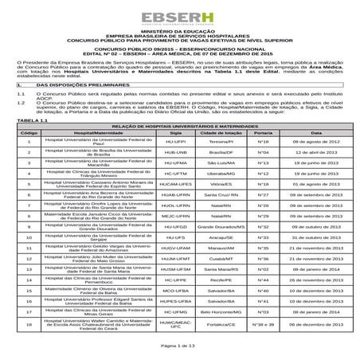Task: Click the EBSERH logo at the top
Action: pos(180,18)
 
